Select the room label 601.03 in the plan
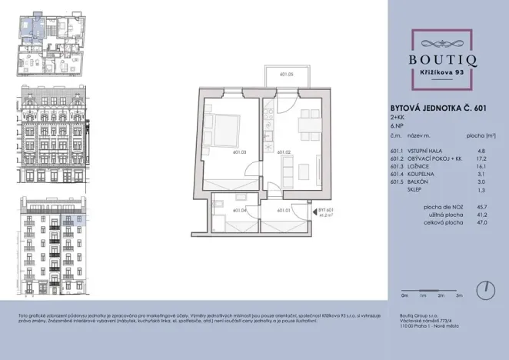click(238, 152)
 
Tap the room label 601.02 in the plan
click(282, 152)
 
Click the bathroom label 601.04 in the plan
click(238, 210)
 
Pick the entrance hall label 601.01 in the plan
click(282, 210)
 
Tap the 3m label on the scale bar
click(459, 295)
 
